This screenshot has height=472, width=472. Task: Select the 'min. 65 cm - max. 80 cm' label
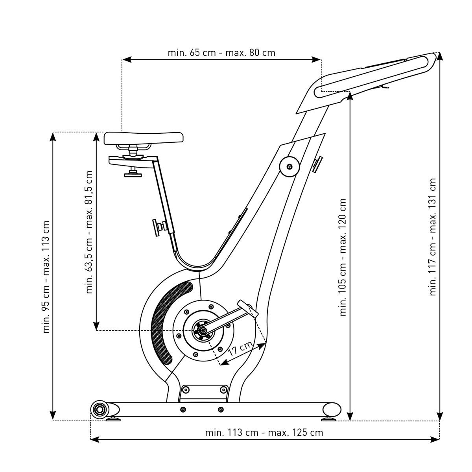pyautogui.click(x=221, y=53)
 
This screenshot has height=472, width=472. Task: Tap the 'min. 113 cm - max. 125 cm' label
pyautogui.click(x=264, y=433)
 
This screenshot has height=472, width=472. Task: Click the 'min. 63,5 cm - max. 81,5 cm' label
pyautogui.click(x=89, y=232)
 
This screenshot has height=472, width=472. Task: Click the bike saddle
pyautogui.click(x=143, y=138)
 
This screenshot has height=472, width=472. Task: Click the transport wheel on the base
pyautogui.click(x=99, y=410)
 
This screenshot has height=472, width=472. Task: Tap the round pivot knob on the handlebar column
pyautogui.click(x=289, y=167)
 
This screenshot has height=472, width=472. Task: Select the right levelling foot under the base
pyautogui.click(x=329, y=418)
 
